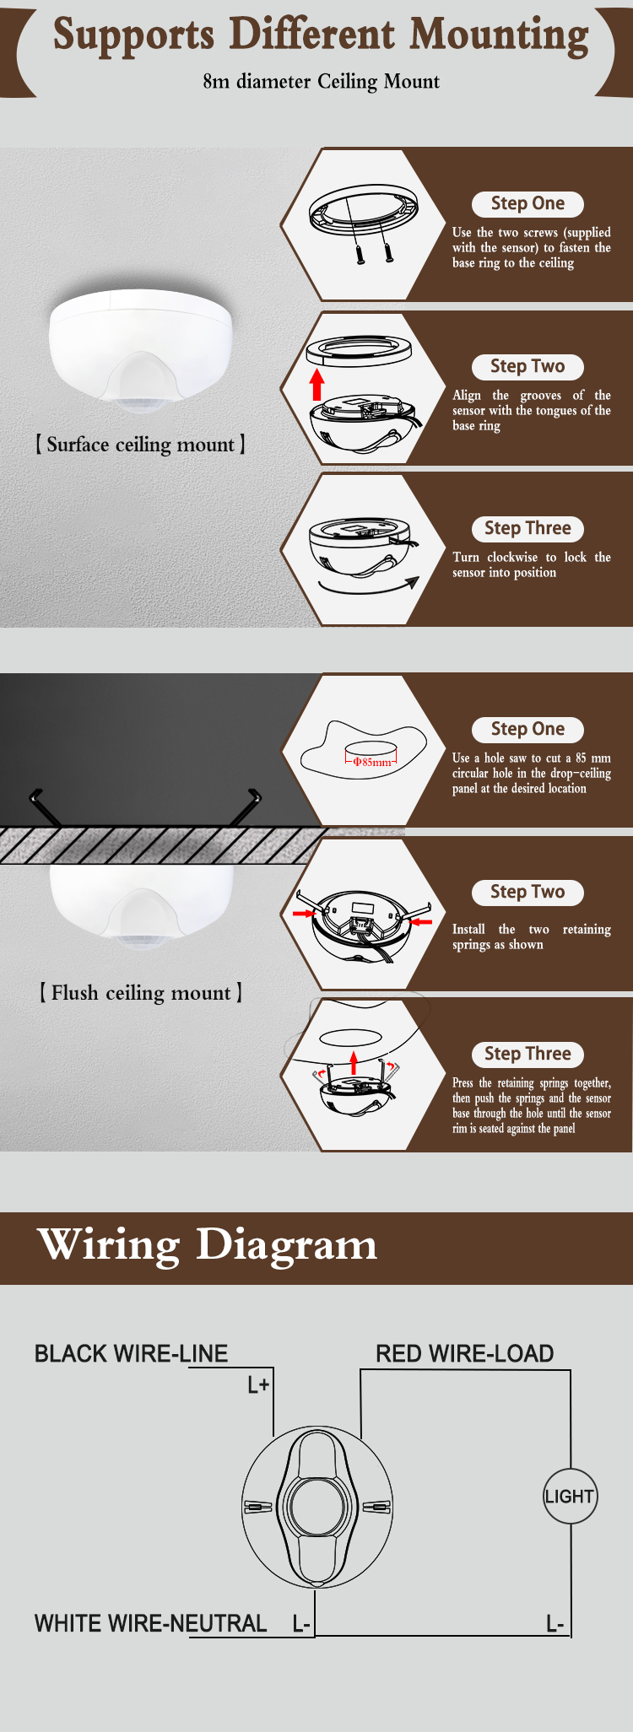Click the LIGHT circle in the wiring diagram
pos(570,1496)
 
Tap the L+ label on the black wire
pos(258,1384)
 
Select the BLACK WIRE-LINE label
pos(131,1353)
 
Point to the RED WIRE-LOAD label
pos(465,1353)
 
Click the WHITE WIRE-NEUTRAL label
pos(150,1623)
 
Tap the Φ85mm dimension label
pos(371,762)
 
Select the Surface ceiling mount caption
pos(140,445)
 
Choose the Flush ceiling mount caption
pos(141,993)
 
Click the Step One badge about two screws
pos(527,203)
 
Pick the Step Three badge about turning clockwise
pos(527,528)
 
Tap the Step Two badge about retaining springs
pos(527,892)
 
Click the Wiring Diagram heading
pos(208,1244)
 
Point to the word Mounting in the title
pos(500,35)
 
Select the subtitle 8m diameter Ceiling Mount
pos(321,82)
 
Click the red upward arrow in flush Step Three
pos(354,1062)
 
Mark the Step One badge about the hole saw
pos(527,729)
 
